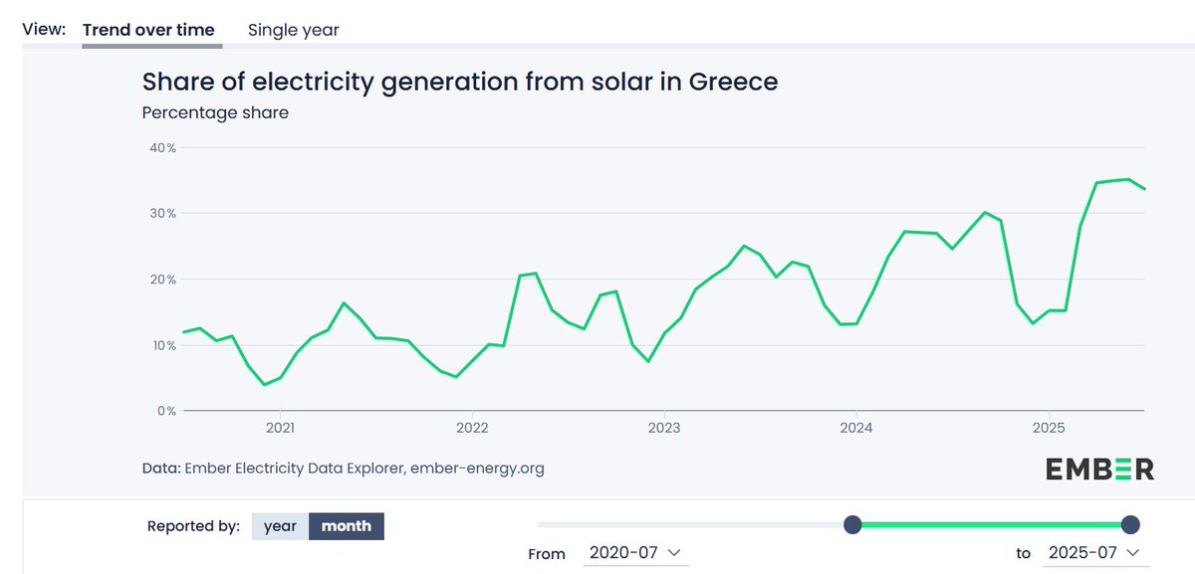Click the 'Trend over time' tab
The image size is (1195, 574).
click(x=148, y=30)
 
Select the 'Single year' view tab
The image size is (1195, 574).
click(x=293, y=30)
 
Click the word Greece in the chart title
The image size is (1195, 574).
click(x=728, y=82)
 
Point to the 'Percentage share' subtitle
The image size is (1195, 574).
click(x=215, y=112)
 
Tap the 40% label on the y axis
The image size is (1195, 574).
click(x=163, y=148)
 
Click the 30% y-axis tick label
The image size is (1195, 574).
click(x=163, y=214)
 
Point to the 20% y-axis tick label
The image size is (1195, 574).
click(x=163, y=280)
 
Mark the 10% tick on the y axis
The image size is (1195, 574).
click(x=163, y=345)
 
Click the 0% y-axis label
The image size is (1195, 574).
click(x=166, y=411)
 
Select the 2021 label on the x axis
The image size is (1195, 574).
click(x=281, y=428)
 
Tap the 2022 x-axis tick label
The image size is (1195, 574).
click(x=472, y=428)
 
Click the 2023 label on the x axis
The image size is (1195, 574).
click(x=664, y=428)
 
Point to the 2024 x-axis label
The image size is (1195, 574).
click(x=856, y=428)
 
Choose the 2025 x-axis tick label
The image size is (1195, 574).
click(x=1048, y=428)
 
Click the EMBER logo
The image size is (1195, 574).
click(x=1099, y=469)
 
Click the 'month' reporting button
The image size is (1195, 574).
click(x=346, y=526)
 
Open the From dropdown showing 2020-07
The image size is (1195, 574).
click(x=634, y=553)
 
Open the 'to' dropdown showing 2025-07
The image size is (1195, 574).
click(x=1091, y=553)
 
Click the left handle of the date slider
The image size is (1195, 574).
click(x=852, y=524)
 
